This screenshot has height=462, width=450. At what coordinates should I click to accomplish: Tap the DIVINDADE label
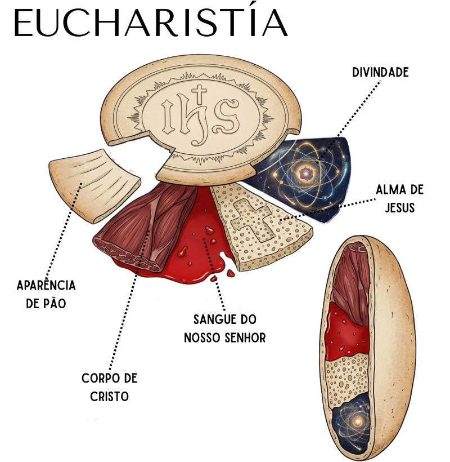coord(380,73)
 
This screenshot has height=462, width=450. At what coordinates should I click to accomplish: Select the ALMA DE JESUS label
coord(400,198)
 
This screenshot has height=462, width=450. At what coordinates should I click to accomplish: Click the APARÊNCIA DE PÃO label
coord(46,294)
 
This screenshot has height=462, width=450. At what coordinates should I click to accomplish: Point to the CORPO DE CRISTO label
coord(110,387)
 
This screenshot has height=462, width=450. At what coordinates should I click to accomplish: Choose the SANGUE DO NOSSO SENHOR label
coord(224,328)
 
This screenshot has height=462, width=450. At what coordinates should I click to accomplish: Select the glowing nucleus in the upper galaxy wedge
coord(305,174)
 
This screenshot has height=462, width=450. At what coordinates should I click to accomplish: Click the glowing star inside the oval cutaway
coord(358,421)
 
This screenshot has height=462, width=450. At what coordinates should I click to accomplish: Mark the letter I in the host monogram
coord(169,116)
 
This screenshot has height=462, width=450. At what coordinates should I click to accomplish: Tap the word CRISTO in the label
coord(110,397)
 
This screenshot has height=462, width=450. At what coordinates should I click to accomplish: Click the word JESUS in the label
coord(400,208)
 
